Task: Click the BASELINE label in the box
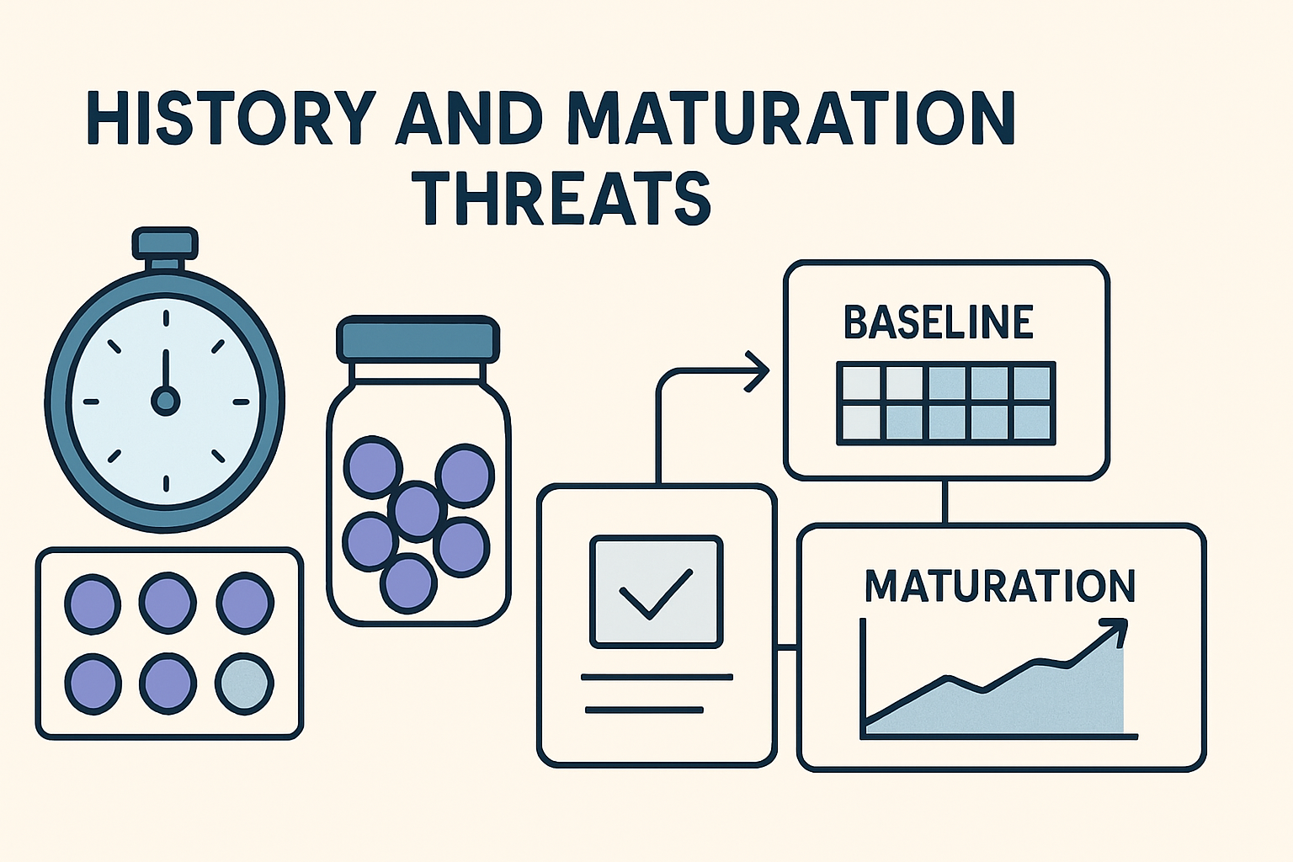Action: pyautogui.click(x=938, y=322)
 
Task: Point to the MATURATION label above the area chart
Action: pyautogui.click(x=1000, y=586)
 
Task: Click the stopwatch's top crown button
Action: pyautogui.click(x=165, y=242)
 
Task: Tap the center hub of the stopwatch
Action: pyautogui.click(x=165, y=401)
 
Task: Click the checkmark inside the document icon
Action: pyautogui.click(x=655, y=593)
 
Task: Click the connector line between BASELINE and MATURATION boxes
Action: pyautogui.click(x=945, y=502)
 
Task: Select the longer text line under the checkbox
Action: pyautogui.click(x=657, y=677)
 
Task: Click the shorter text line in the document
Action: pyautogui.click(x=644, y=710)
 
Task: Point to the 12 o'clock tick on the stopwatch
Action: pyautogui.click(x=166, y=317)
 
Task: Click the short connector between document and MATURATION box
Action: pyautogui.click(x=786, y=648)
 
